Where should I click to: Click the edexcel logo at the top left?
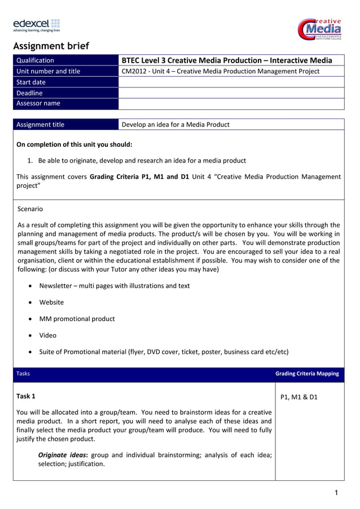[36, 25]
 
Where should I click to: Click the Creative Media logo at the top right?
[320, 28]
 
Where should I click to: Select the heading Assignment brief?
[51, 46]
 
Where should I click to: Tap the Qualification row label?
[36, 60]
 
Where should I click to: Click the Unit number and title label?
[49, 71]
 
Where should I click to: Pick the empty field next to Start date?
[231, 82]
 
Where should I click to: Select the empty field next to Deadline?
[231, 93]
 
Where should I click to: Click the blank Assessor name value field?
[231, 103]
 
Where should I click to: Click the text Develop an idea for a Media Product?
[175, 125]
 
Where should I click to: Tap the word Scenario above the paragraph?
[30, 209]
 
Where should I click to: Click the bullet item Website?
[51, 302]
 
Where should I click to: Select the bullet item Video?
[48, 335]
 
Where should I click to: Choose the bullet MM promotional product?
[77, 319]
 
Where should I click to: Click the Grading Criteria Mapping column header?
[307, 374]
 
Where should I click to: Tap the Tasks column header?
[23, 374]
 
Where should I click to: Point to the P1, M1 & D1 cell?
[298, 397]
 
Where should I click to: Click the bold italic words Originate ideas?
[63, 455]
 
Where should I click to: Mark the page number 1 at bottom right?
[336, 493]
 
